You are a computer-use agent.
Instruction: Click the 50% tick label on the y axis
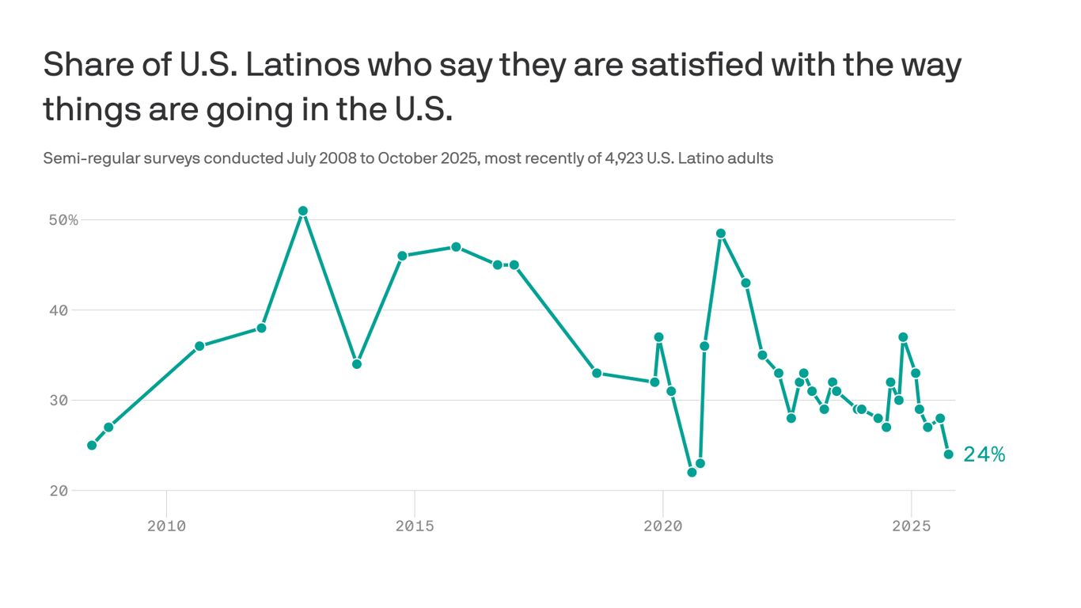click(63, 219)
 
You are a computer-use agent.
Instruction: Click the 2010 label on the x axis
click(166, 526)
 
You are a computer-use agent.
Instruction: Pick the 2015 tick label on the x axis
click(415, 526)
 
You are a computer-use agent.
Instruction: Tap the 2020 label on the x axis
click(663, 526)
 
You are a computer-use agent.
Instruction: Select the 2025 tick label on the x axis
click(911, 526)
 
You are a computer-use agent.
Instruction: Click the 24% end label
click(984, 454)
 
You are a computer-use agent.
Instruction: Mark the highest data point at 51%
click(303, 211)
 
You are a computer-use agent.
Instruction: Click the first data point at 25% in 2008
click(92, 445)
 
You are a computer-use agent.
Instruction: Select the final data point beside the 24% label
click(948, 454)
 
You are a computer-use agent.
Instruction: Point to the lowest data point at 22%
click(692, 473)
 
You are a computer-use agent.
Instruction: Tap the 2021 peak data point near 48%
click(721, 234)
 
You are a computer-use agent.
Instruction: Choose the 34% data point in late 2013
click(357, 364)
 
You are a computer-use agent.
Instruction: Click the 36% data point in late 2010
click(199, 346)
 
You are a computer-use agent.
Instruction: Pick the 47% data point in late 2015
click(456, 247)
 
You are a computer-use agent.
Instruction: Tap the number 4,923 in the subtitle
click(622, 158)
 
